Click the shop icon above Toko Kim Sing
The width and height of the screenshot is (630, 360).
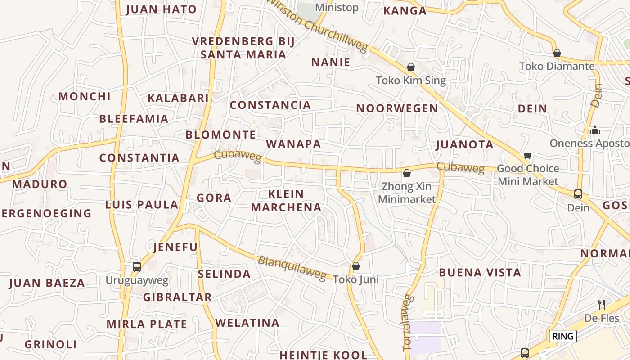coord(411,67)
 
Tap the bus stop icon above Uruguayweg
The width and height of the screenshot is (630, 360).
coord(137,266)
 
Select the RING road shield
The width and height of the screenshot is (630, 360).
coord(562,336)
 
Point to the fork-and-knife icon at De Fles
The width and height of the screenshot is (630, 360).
coord(602,305)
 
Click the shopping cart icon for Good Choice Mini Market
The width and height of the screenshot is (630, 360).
coord(527,156)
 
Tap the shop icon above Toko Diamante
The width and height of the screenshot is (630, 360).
coord(557,53)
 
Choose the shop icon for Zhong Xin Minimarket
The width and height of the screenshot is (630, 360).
coord(407,173)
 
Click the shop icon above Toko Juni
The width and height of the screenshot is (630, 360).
coord(356,266)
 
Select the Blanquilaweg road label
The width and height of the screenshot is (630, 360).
coord(292,268)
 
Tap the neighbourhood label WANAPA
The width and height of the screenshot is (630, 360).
coord(293,144)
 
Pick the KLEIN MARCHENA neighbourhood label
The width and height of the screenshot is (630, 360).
coord(286,201)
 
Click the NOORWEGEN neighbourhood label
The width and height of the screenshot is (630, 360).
coord(397,108)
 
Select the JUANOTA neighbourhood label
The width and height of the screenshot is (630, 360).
coord(465,145)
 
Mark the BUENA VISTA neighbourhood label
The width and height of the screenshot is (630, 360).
coord(480,272)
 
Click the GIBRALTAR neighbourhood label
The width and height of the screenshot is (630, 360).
coord(177,297)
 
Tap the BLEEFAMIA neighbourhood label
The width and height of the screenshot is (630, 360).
coord(134,119)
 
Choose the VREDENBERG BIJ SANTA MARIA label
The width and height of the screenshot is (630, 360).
coord(243,48)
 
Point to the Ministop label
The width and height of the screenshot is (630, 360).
coord(337,8)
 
